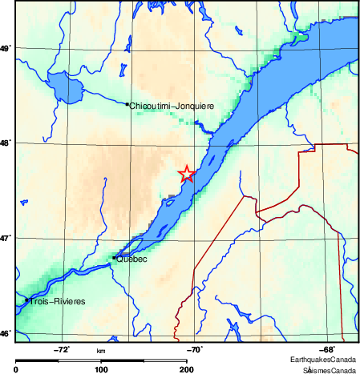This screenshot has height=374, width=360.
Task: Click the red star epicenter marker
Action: coord(186,174)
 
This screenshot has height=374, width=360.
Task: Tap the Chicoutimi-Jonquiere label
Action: coord(172,105)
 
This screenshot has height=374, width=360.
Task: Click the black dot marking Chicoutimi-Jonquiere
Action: coord(127,104)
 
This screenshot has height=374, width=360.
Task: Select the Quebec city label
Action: coord(131,259)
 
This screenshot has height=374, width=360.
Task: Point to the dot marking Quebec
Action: coord(115,257)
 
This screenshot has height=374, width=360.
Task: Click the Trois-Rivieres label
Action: coord(57,301)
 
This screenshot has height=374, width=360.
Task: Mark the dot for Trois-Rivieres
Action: coord(27,300)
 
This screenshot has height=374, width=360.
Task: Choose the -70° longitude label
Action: coord(195,349)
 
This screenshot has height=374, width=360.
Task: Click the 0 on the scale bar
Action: coord(17,369)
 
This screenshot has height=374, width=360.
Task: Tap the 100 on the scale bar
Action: coord(101,369)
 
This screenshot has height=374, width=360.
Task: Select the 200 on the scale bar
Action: coord(186,369)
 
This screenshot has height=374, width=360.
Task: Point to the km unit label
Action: coord(101,351)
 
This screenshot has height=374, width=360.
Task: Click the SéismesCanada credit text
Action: coord(330,369)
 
